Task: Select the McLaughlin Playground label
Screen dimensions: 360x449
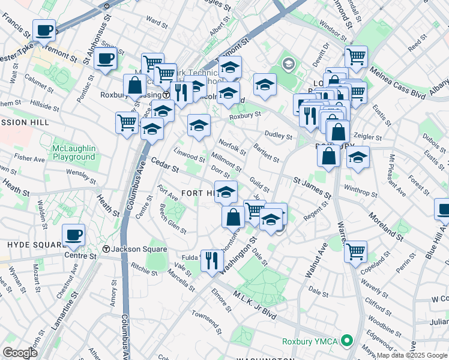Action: click(x=73, y=152)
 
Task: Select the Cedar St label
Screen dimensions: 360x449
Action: click(x=164, y=165)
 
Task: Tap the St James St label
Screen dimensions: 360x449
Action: click(x=312, y=187)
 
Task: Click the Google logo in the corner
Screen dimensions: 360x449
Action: click(x=20, y=353)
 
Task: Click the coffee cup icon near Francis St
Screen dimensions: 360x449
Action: click(x=44, y=30)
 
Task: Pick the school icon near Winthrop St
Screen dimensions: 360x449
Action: click(x=358, y=158)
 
